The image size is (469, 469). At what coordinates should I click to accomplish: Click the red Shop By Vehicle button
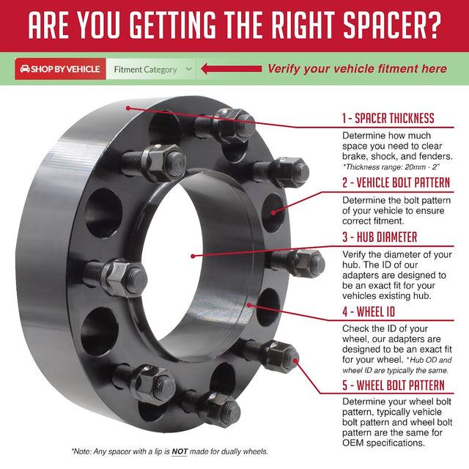click(x=61, y=70)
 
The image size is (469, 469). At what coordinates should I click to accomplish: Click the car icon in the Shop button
click(x=25, y=70)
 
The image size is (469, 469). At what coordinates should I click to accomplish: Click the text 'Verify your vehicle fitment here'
click(x=356, y=69)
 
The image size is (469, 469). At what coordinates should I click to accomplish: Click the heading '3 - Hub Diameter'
click(x=390, y=237)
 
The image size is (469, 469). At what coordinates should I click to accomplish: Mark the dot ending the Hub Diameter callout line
click(x=191, y=256)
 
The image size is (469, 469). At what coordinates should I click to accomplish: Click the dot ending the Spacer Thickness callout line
click(x=128, y=107)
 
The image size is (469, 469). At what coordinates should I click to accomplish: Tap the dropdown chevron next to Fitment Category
click(x=188, y=70)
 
